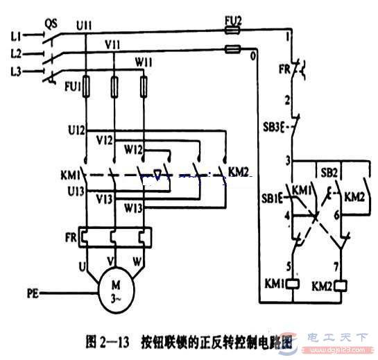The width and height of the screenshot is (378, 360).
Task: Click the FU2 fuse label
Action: pos(234,22)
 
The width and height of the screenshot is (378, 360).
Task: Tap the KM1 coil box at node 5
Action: pos(293,284)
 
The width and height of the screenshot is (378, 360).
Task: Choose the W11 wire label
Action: pos(144,63)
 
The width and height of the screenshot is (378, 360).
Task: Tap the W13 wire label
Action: pos(135,207)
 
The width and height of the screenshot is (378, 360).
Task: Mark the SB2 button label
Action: pos(329,171)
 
